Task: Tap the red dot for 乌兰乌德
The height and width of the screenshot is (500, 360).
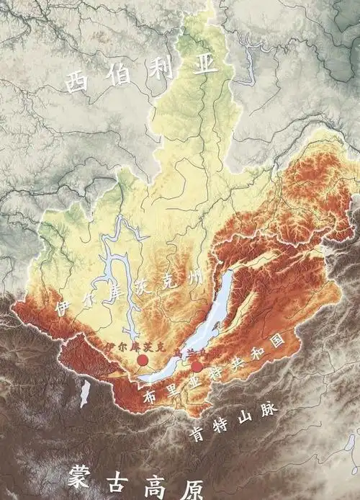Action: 197,366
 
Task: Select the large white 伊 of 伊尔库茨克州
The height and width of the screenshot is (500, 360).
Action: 63,306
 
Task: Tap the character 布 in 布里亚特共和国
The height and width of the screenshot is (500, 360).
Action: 150,397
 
